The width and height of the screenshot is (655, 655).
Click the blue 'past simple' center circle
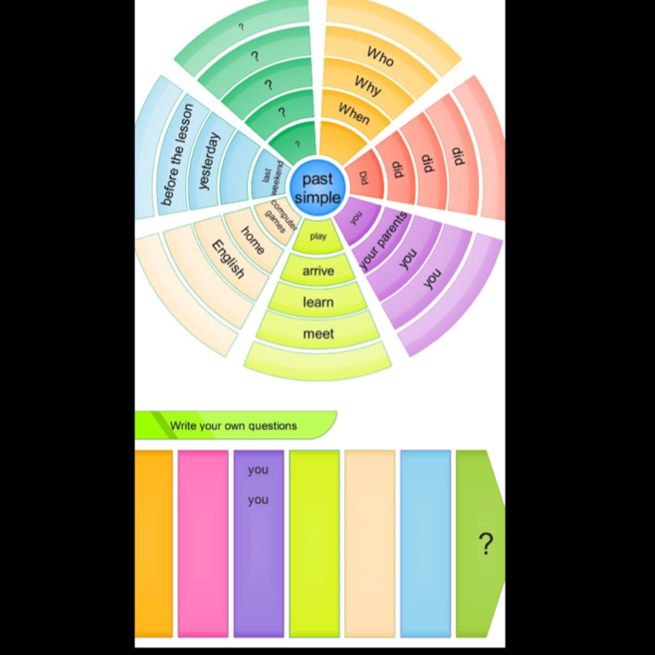[317, 189]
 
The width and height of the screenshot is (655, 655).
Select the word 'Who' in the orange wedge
[380, 57]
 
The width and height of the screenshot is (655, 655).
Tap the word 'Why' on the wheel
[368, 85]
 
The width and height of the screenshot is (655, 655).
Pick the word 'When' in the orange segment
[355, 114]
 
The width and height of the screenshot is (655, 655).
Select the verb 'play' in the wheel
[318, 236]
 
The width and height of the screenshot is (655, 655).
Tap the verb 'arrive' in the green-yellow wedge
[318, 271]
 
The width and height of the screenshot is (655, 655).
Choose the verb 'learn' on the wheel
[318, 302]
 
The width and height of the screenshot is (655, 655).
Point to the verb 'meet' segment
[318, 334]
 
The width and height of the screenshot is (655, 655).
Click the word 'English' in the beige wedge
[228, 259]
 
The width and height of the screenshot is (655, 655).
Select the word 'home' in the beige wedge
[252, 238]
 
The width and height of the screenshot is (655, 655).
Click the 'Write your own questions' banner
[234, 426]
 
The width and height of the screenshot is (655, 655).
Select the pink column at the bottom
[203, 543]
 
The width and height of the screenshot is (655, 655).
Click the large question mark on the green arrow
[486, 543]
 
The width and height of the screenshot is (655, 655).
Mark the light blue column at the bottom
[425, 543]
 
